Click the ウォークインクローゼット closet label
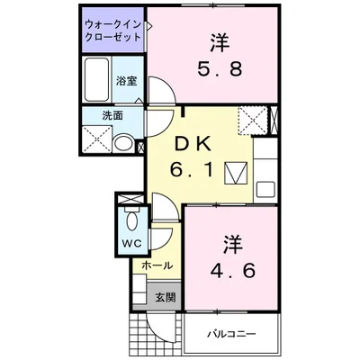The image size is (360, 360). coord(112,29)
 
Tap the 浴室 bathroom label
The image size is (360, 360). coord(125,81)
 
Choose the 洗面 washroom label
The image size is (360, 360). coord(112,115)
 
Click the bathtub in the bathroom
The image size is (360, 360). coord(95,81)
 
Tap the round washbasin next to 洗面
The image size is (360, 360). coord(124,140)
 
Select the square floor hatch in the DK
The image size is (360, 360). coord(235,171)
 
